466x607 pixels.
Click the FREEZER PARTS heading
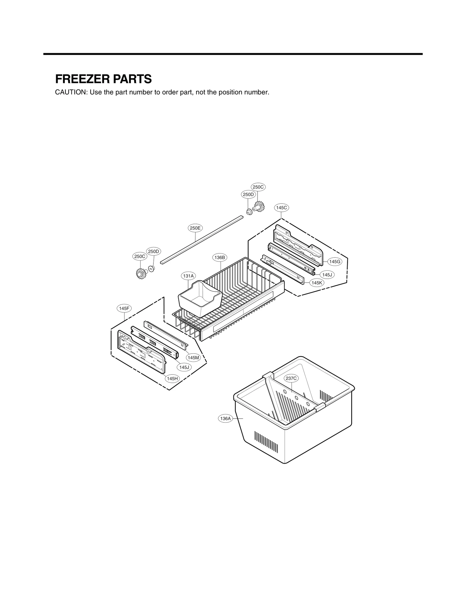tap(103, 79)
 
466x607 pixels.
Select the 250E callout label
tap(195, 228)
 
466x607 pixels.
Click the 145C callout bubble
tap(281, 208)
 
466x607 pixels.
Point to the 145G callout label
tap(334, 262)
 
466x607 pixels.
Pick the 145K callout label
tap(317, 283)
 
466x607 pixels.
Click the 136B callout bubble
tap(220, 257)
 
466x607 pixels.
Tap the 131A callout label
tap(188, 276)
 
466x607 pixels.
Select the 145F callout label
tap(124, 308)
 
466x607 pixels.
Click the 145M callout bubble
tap(193, 358)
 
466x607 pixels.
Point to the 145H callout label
tap(172, 378)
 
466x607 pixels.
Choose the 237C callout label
tap(291, 378)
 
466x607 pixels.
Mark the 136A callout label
tap(225, 419)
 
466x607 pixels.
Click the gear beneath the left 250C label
tap(141, 273)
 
